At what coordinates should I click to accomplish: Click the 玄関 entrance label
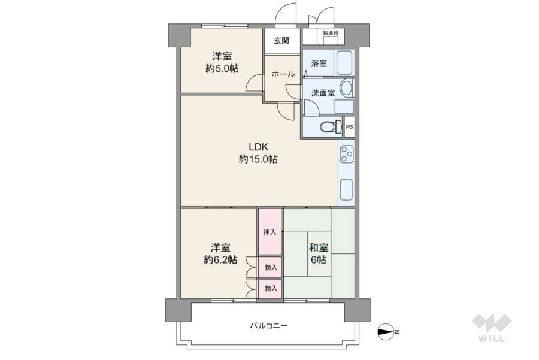tap(281, 41)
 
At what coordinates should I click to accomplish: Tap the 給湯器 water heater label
tap(330, 32)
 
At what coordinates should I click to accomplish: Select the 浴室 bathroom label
tap(319, 63)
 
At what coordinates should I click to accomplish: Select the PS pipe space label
tap(350, 127)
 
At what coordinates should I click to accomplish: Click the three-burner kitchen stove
tap(346, 154)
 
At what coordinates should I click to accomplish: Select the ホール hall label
tap(283, 74)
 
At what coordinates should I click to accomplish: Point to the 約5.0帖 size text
tap(222, 69)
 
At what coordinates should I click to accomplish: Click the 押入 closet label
tap(269, 232)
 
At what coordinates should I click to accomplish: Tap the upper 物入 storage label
tap(271, 267)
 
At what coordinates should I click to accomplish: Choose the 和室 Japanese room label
tap(318, 247)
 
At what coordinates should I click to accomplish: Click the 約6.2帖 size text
tap(220, 260)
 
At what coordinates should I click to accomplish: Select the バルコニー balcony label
tap(269, 326)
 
